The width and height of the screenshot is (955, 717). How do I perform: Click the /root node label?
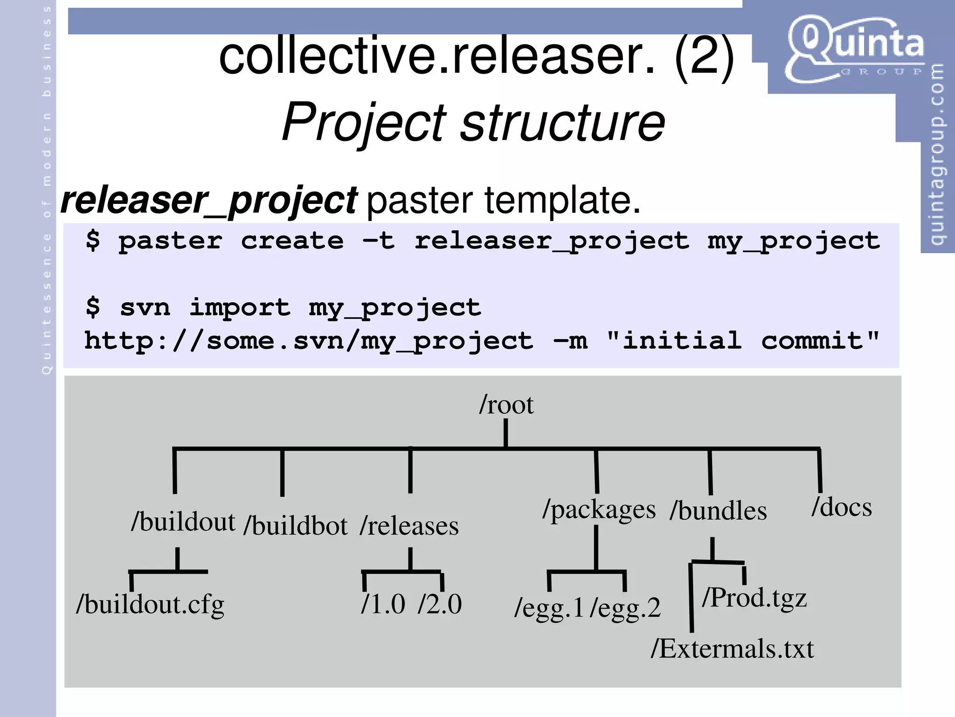pyautogui.click(x=506, y=405)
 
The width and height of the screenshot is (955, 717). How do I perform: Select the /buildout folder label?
pyautogui.click(x=183, y=522)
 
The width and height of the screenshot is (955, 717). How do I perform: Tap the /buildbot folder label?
pyautogui.click(x=296, y=526)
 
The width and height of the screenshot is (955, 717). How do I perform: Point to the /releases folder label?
pyautogui.click(x=409, y=526)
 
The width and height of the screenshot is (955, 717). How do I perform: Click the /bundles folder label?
pyautogui.click(x=718, y=511)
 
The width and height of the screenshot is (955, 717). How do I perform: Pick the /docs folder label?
pyautogui.click(x=842, y=507)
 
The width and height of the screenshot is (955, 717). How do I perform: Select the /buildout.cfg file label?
pyautogui.click(x=150, y=605)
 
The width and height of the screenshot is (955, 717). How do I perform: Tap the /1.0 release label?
pyautogui.click(x=383, y=605)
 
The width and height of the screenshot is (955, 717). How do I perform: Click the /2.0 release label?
pyautogui.click(x=440, y=605)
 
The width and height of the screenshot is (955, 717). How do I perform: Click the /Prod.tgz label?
pyautogui.click(x=754, y=598)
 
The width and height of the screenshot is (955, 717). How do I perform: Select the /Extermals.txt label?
pyautogui.click(x=732, y=649)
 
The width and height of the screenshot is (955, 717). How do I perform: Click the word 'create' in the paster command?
pyautogui.click(x=292, y=241)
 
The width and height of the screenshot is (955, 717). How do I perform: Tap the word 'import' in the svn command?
pyautogui.click(x=240, y=307)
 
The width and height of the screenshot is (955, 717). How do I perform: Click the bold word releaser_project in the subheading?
pyautogui.click(x=209, y=201)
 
